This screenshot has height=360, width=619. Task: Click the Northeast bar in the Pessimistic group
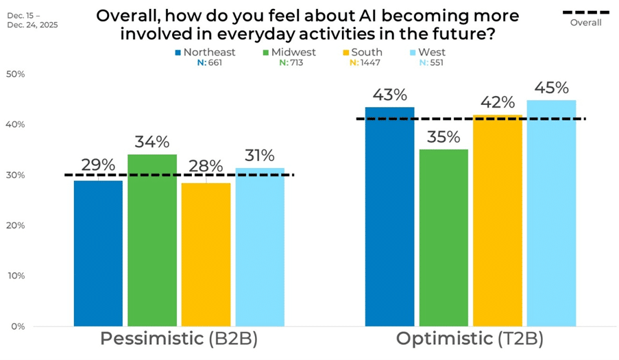98,253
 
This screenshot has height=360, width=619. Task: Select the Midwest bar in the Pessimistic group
151,240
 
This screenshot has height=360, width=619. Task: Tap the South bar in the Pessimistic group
206,254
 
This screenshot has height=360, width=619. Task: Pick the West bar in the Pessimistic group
259,247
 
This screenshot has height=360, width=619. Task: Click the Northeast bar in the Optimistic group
389,216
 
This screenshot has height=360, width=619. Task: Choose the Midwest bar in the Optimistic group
444,237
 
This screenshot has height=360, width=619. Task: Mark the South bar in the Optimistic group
497,220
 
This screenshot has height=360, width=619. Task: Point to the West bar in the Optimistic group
551,213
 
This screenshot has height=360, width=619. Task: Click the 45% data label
552,88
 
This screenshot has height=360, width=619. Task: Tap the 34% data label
152,142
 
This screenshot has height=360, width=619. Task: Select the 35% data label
444,136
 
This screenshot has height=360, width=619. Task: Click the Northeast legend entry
205,52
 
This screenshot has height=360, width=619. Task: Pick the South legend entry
363,52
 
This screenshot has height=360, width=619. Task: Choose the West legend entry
428,52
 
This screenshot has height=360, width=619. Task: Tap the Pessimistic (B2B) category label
178,339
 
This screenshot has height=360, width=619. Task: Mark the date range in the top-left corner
33,19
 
